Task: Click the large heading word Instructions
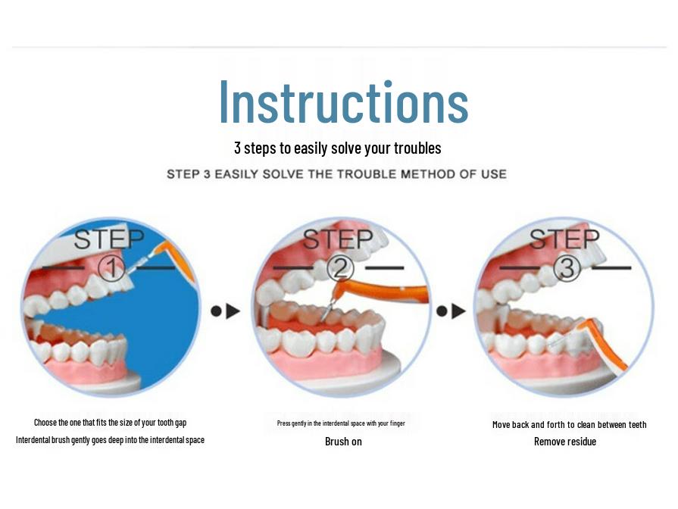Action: pyautogui.click(x=344, y=102)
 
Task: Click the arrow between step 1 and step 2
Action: pyautogui.click(x=225, y=311)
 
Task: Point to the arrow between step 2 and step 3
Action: pyautogui.click(x=451, y=311)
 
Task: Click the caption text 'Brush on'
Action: pyautogui.click(x=343, y=442)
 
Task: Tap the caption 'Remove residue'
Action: pyautogui.click(x=565, y=442)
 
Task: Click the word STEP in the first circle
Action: pyautogui.click(x=109, y=239)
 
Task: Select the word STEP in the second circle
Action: pyautogui.click(x=338, y=239)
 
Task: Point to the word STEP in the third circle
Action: pyautogui.click(x=564, y=239)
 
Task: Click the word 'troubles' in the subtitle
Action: pyautogui.click(x=417, y=148)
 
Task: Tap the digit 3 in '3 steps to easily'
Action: pyautogui.click(x=237, y=148)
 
